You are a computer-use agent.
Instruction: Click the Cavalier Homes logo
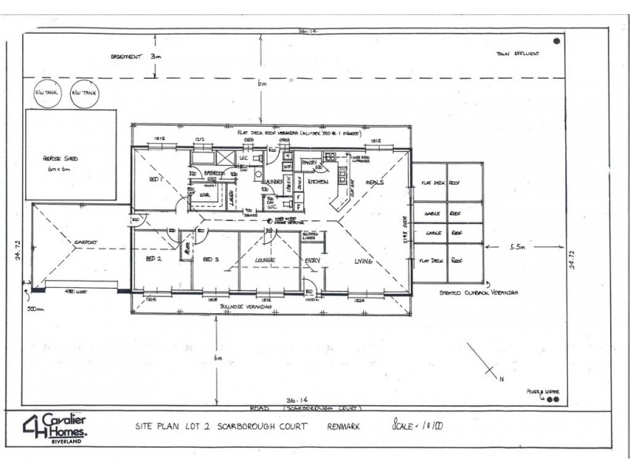(55, 427)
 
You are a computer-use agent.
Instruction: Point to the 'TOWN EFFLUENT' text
(516, 53)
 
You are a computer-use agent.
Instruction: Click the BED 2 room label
(154, 258)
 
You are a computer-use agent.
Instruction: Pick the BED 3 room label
(210, 258)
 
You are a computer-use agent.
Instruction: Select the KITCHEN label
(318, 182)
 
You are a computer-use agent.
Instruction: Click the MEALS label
(375, 182)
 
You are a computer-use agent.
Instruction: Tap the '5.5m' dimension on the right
(518, 246)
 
